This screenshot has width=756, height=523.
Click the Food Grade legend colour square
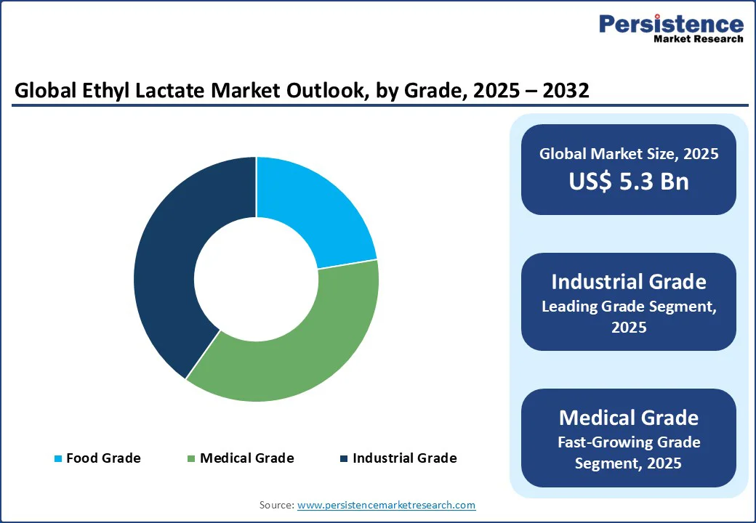coord(58,458)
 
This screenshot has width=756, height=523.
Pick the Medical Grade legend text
coord(246,458)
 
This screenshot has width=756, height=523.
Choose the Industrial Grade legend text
coord(404,458)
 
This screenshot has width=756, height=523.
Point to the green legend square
coord(192,458)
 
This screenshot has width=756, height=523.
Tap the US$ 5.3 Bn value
coord(628,181)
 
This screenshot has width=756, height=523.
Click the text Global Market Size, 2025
coord(628,154)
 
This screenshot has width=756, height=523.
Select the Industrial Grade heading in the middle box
coord(628,281)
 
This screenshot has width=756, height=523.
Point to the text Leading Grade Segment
coord(628,307)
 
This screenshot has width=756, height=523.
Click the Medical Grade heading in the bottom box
coord(628,418)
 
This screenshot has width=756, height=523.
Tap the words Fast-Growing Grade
coord(628,442)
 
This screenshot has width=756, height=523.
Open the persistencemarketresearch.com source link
coord(386,505)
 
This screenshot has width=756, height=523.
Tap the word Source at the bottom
coord(276,505)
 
